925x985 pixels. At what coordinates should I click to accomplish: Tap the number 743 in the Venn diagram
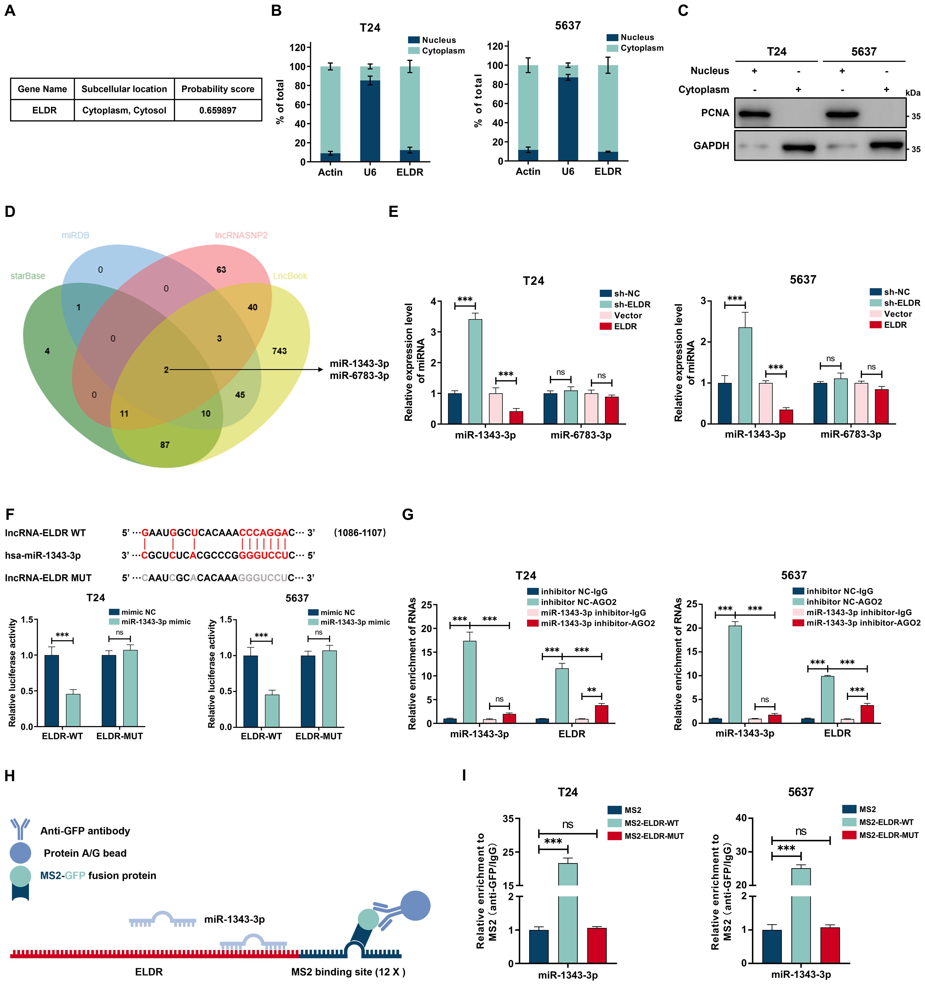point(279,351)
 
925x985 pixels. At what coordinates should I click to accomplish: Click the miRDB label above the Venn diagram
point(75,235)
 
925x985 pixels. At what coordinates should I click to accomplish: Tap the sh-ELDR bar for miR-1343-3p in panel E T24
point(475,372)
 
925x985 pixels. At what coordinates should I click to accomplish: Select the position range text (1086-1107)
point(360,533)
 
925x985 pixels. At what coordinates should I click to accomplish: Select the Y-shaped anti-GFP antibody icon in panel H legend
point(20,830)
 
